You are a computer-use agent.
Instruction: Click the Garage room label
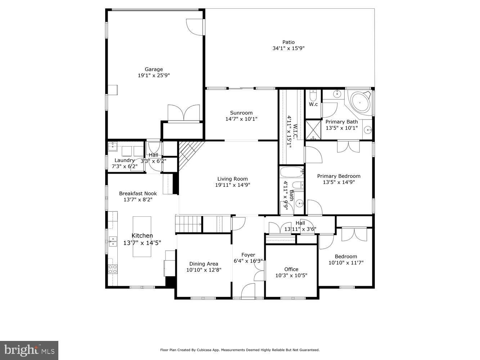point(154,69)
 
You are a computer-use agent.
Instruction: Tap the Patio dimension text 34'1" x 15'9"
point(288,48)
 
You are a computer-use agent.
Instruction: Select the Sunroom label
point(241,113)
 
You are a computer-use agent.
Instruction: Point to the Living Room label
point(233,179)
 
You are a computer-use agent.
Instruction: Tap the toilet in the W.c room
point(313,95)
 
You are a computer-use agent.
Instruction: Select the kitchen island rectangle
point(142,237)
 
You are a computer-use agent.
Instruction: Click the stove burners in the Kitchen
point(113,269)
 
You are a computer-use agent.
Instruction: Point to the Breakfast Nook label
point(138,193)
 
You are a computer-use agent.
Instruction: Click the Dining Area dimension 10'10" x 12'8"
point(204,270)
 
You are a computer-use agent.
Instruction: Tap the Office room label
point(291,269)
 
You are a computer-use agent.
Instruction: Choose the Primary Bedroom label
point(339,176)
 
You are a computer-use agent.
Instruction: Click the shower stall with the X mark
point(313,130)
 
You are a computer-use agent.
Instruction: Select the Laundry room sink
point(113,146)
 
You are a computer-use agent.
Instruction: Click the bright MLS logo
point(29,350)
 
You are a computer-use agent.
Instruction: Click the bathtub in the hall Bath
point(292,172)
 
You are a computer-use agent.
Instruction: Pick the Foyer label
point(248,255)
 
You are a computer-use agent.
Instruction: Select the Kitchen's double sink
point(113,241)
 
